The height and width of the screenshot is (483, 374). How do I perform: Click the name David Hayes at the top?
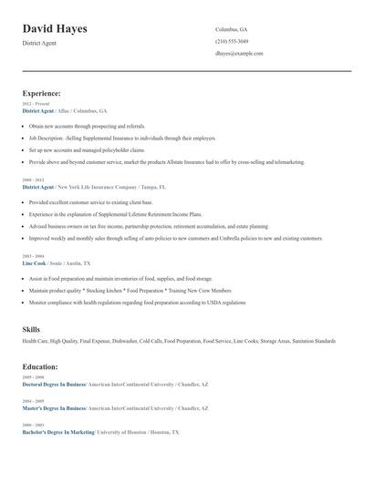pos(55,29)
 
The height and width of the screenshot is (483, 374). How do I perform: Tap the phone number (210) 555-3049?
pos(232,42)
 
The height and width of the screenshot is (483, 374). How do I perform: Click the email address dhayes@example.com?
pos(239,54)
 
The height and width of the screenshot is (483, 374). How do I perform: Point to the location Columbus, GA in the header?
pos(231,29)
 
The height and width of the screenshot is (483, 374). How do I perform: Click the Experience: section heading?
pos(41,93)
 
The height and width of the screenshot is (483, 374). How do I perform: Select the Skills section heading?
pos(31,328)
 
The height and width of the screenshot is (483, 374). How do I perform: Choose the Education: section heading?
pos(40,366)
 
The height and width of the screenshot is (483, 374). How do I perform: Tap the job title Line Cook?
pos(34,262)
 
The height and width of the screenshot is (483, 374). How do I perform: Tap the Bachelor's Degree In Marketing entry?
pos(58,432)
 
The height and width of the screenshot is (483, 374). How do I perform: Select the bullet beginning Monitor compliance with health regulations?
pos(137,302)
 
